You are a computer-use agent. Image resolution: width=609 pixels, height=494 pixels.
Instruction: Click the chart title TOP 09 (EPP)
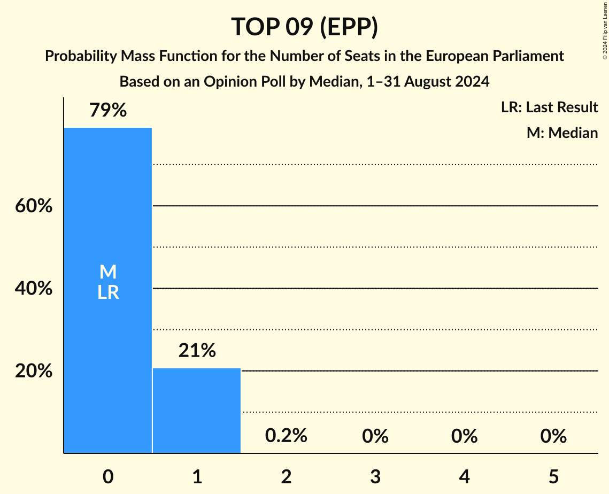click(x=304, y=27)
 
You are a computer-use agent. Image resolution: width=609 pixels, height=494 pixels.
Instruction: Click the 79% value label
click(x=108, y=111)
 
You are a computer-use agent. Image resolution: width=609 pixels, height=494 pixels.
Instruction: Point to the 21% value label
click(x=197, y=351)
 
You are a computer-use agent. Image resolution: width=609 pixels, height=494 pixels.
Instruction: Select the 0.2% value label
click(x=286, y=436)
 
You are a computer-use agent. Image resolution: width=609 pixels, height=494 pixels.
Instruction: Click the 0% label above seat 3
click(x=375, y=436)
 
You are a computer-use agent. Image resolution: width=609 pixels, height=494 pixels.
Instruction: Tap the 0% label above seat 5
click(x=553, y=436)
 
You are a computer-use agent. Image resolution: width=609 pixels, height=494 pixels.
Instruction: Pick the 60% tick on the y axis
click(x=34, y=206)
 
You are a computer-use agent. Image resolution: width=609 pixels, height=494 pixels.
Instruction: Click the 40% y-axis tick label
click(x=34, y=289)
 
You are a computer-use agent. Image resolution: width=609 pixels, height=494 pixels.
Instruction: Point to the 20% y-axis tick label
click(x=34, y=371)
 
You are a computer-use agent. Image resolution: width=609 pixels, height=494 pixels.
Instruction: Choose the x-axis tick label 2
click(x=286, y=476)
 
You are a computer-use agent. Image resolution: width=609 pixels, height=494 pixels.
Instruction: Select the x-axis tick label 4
click(x=464, y=476)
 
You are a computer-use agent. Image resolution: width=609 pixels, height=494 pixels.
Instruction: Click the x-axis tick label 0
click(x=108, y=476)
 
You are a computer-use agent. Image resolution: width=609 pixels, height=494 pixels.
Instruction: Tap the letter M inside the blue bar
click(x=108, y=272)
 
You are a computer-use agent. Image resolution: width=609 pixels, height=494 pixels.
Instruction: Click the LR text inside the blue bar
click(x=108, y=293)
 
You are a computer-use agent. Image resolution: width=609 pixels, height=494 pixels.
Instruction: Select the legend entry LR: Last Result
click(x=549, y=107)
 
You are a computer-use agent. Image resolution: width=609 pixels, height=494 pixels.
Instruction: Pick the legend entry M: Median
click(x=562, y=133)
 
